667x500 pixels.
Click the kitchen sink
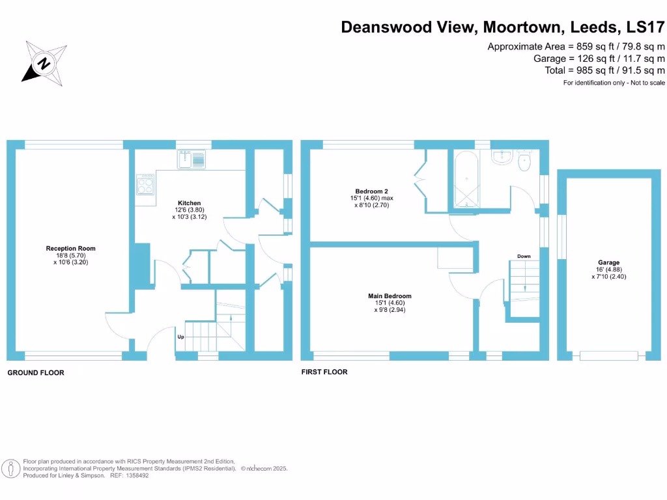coord(191,158)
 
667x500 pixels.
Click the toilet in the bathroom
coord(525,162)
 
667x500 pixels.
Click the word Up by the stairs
coord(180,337)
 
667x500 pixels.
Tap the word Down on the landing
coord(524,257)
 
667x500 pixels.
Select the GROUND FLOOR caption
coord(36,373)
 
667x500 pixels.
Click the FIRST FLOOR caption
coord(324,372)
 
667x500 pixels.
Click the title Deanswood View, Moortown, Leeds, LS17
coord(503,27)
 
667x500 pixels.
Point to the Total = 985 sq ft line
coord(604,70)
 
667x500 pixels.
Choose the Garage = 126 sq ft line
coord(599,59)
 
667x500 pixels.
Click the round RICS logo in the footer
coord(10,468)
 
